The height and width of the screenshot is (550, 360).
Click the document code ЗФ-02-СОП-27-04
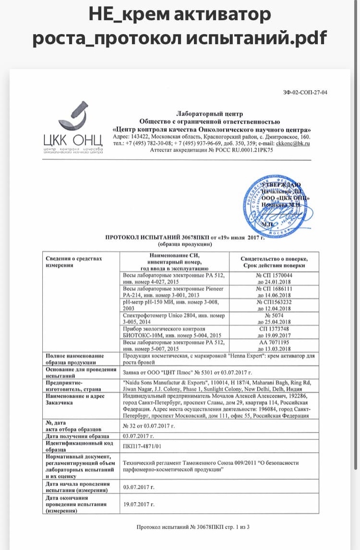click(306, 92)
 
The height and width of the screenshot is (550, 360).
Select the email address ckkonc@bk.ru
click(293, 144)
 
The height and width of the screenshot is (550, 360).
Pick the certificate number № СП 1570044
click(273, 274)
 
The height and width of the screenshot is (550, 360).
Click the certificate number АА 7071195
click(273, 343)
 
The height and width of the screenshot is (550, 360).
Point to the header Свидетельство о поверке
click(273, 259)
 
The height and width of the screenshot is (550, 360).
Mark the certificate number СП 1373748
click(273, 330)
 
